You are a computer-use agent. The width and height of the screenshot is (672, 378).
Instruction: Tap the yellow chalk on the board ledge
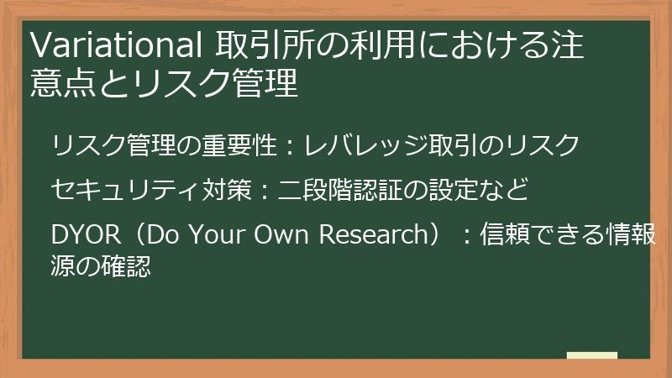pos(591,356)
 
